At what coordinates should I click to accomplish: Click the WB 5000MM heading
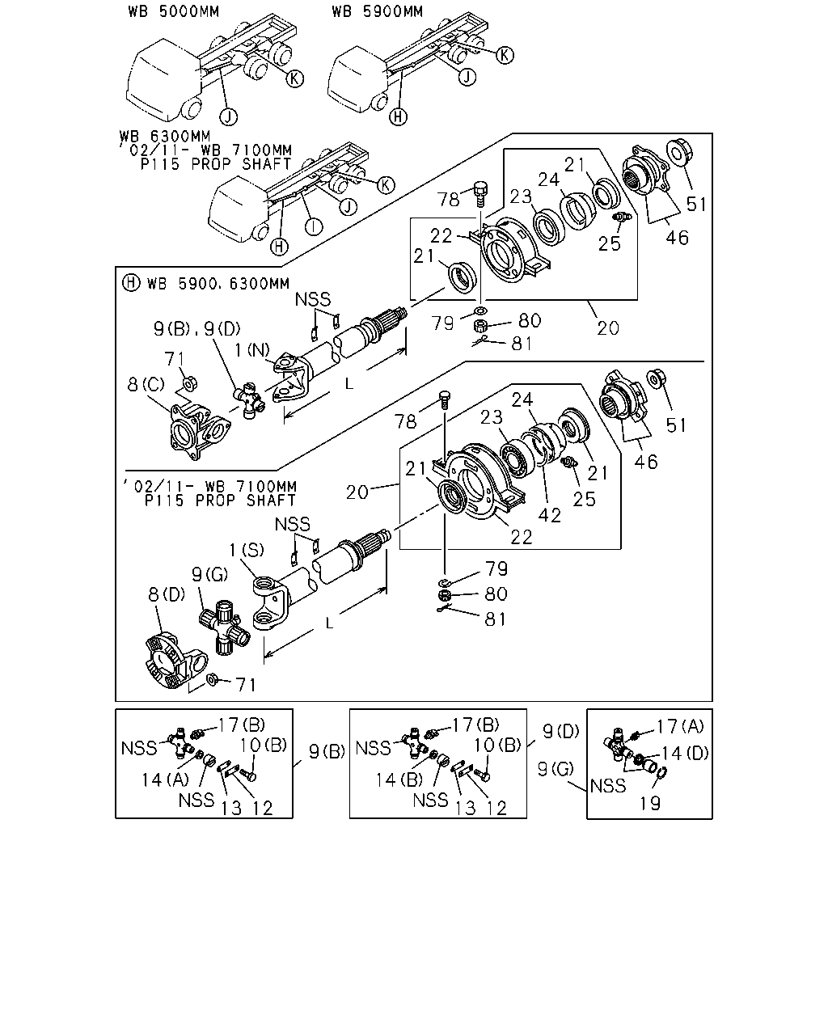point(174,12)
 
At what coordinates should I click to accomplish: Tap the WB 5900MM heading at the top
point(377,12)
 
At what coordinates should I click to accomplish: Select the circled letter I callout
point(315,226)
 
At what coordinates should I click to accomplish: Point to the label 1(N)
point(252,350)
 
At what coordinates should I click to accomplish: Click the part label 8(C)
point(146,384)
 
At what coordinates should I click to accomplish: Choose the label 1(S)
point(247,550)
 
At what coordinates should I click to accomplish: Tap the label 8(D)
point(167,595)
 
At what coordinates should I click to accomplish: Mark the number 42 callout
point(549,516)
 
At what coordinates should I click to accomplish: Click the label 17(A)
point(680,726)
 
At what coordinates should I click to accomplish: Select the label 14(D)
point(685,753)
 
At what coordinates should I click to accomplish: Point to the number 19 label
point(649,803)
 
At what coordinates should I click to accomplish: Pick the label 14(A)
point(165,780)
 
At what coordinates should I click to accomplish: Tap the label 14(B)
point(399,780)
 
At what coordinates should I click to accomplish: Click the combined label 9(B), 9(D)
point(196,329)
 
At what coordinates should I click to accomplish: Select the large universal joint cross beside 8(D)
point(224,627)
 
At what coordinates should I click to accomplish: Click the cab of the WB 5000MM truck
point(163,79)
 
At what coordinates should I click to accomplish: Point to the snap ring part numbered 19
point(661,773)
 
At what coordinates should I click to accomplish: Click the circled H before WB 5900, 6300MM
point(131,283)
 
